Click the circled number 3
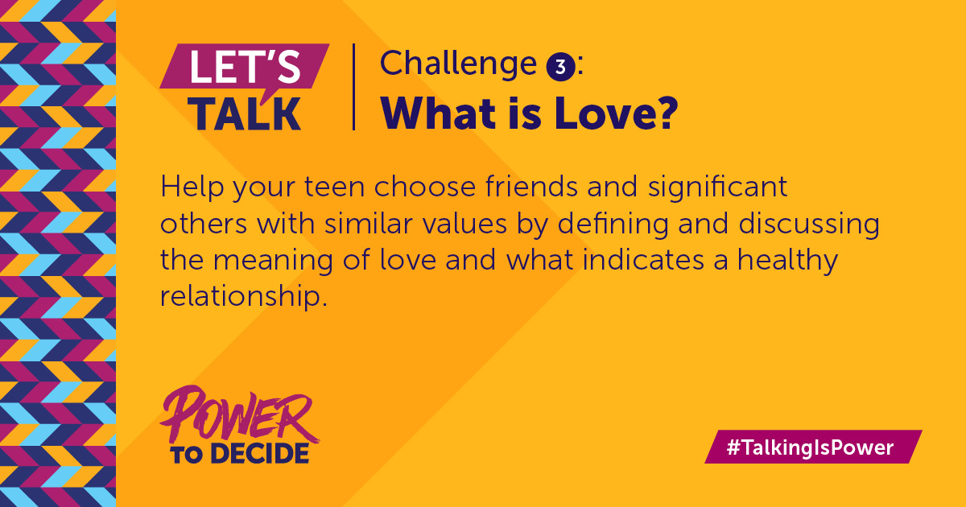(559, 66)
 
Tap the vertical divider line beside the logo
(354, 87)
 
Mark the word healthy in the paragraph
(784, 262)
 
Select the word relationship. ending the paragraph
(245, 297)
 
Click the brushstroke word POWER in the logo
(238, 415)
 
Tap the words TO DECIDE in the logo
(239, 452)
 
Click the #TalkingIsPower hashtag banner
(812, 447)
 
